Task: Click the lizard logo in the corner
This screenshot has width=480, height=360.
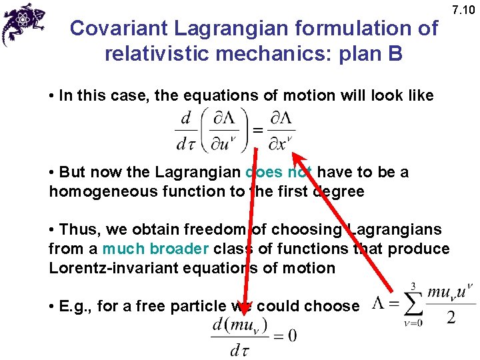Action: coord(23,23)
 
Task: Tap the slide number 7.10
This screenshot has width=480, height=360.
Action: coord(463,10)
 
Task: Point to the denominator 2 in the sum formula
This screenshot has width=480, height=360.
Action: coord(451,318)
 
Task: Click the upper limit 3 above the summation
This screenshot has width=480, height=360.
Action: coord(413,285)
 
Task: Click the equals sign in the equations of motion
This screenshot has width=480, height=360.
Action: coord(258,128)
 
